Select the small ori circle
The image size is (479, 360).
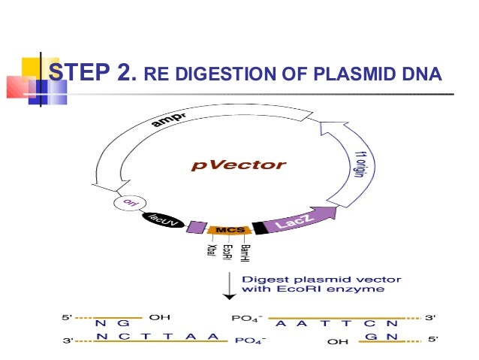(x=125, y=204)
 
